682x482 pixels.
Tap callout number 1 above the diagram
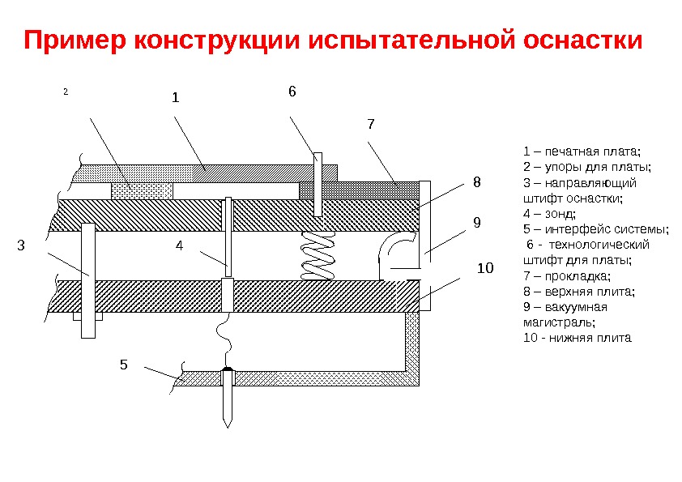click(x=174, y=98)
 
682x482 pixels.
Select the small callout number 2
click(x=65, y=92)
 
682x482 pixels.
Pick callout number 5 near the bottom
click(x=123, y=365)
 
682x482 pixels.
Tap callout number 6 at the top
click(x=292, y=92)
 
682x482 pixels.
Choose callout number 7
click(x=371, y=124)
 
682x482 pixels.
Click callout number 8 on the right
click(x=476, y=184)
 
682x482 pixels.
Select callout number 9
click(x=476, y=221)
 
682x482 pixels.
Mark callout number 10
click(x=485, y=267)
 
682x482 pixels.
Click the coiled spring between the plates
click(x=317, y=253)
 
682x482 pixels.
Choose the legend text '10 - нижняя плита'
click(x=577, y=337)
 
